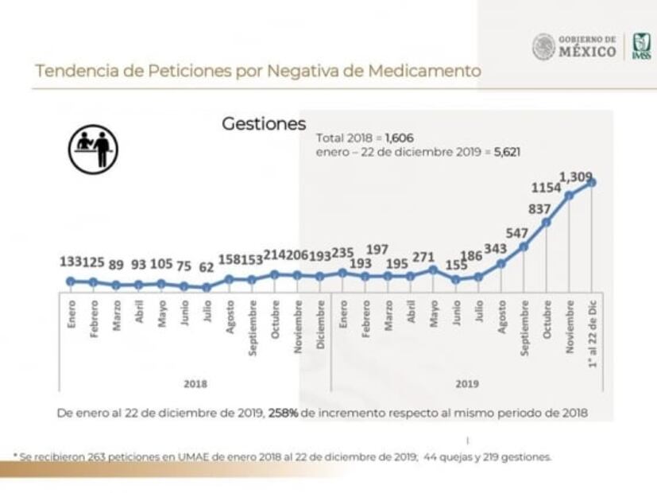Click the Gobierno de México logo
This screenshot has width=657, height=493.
coord(574,46)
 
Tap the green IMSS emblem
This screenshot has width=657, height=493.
coord(640,47)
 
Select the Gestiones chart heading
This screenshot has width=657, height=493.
coord(263,124)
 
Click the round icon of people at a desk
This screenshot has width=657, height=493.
coord(93,148)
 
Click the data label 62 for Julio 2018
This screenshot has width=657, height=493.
coord(207,268)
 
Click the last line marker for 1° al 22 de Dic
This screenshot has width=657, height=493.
coord(591,183)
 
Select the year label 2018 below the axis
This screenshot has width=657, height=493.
coord(195,383)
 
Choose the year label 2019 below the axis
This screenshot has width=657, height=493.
coord(466,383)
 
